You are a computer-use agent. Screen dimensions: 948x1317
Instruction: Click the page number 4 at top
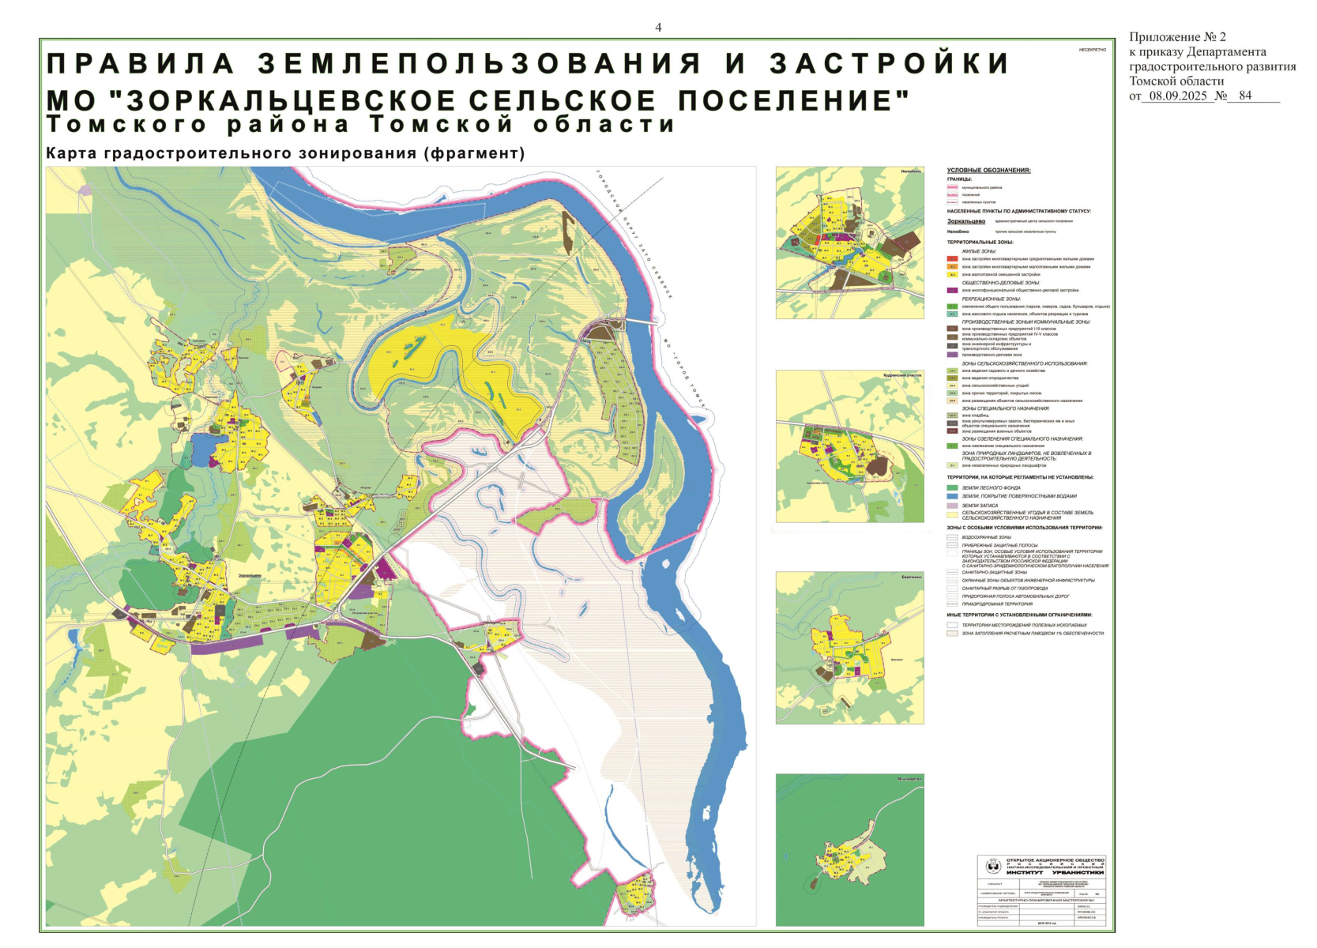[x=658, y=28]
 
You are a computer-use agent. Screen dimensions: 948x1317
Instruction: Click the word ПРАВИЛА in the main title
[x=141, y=63]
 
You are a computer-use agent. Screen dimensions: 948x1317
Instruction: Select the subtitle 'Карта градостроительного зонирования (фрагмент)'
[x=285, y=153]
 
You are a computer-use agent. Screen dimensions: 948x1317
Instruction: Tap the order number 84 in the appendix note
[x=1245, y=96]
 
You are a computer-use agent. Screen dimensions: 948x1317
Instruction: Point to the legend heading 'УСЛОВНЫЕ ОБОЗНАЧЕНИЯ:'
[x=988, y=171]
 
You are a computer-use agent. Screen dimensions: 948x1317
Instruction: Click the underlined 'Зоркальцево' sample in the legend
[x=966, y=221]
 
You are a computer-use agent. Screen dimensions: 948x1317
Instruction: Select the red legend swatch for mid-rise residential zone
[x=952, y=259]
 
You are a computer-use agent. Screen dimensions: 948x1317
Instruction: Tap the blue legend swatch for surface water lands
[x=952, y=496]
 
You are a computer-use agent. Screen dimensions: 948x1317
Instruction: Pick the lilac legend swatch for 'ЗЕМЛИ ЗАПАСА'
[x=952, y=506]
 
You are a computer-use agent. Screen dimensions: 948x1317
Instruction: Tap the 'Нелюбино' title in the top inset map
[x=911, y=171]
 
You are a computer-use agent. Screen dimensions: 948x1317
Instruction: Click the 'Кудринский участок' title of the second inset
[x=902, y=375]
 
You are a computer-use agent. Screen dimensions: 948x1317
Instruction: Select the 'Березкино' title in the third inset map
[x=911, y=577]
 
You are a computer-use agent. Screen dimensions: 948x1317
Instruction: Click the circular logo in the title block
[x=992, y=867]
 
